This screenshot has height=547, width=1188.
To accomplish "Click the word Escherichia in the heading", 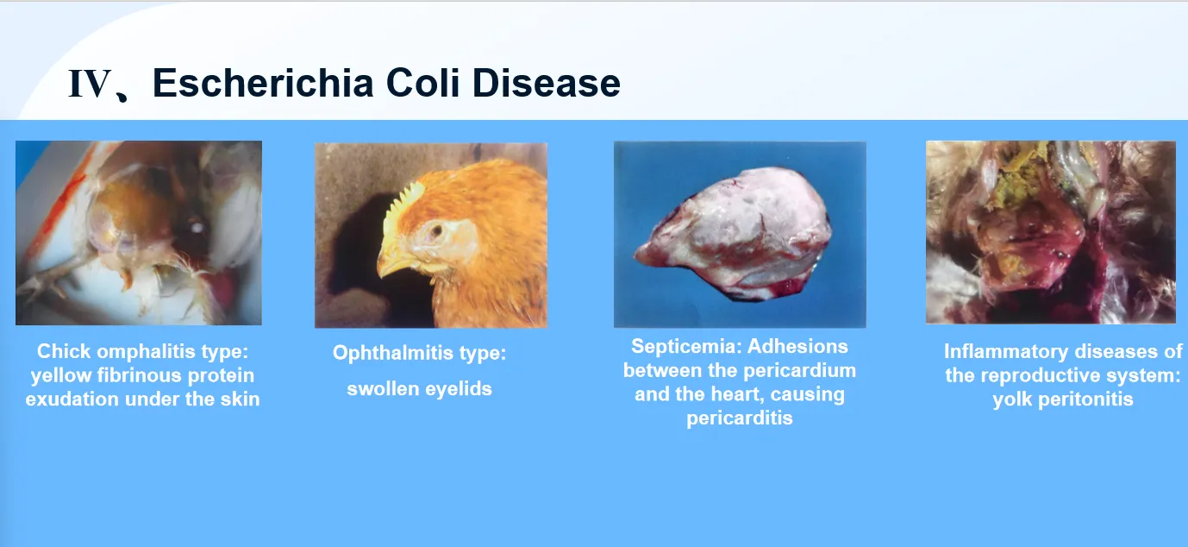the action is point(263,83).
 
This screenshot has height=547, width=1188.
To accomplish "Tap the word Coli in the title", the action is point(422,83).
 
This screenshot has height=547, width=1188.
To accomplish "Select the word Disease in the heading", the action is point(547,83).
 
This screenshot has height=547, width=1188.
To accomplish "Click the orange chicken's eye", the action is point(436,230).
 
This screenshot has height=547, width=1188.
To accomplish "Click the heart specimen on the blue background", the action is point(735,234).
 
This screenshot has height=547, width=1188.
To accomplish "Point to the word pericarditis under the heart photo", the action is point(740,418).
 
